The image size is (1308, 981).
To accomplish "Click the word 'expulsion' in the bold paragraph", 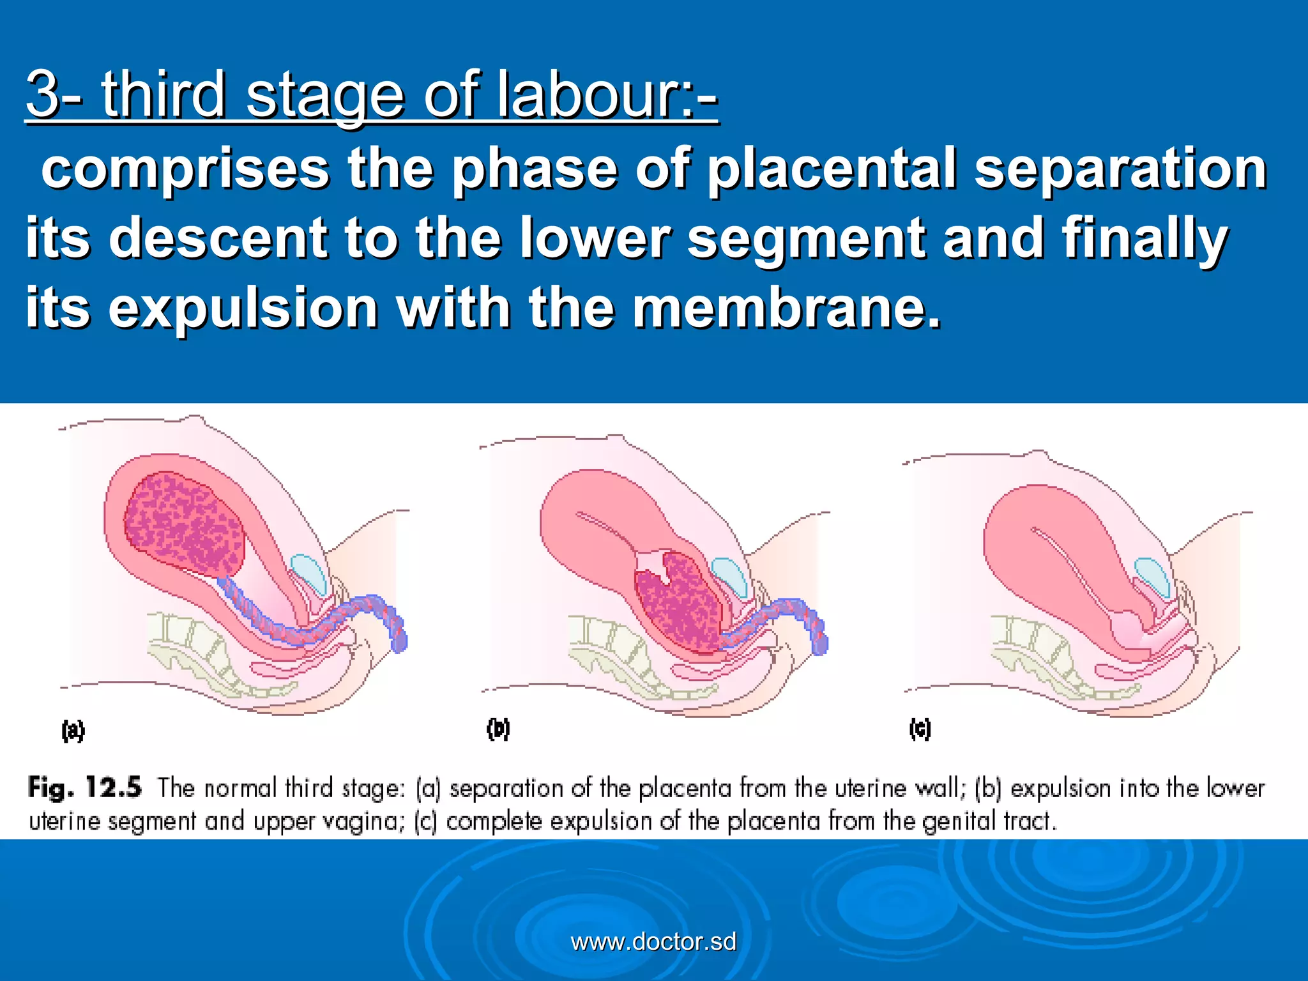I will [x=243, y=308].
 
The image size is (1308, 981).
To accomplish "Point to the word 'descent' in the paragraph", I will [x=220, y=238].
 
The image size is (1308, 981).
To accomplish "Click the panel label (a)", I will [x=73, y=730].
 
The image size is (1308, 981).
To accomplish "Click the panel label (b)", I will [x=498, y=729].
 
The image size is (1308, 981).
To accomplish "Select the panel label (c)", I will [x=920, y=729].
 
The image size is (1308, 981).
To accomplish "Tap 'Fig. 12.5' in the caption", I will [x=84, y=787].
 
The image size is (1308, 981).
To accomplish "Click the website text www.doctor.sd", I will [x=653, y=941].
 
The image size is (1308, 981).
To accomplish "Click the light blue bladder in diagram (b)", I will [x=729, y=576].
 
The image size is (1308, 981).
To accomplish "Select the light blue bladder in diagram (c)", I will [x=1152, y=577].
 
